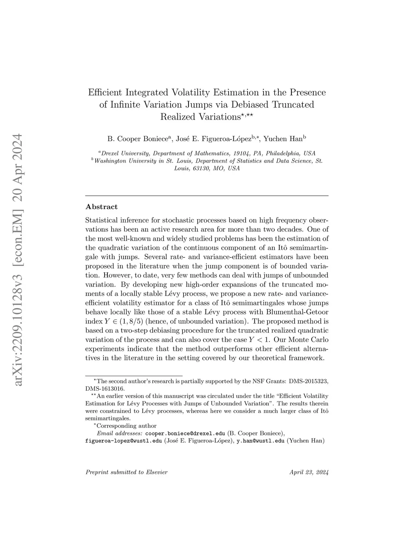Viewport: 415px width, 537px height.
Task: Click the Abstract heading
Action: click(102, 207)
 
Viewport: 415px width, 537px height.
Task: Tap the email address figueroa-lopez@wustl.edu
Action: click(124, 441)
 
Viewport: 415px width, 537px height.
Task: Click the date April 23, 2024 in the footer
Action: click(309, 472)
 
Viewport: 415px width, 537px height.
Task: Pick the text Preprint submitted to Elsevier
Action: click(126, 472)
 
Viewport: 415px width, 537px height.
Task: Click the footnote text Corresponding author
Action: click(126, 426)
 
